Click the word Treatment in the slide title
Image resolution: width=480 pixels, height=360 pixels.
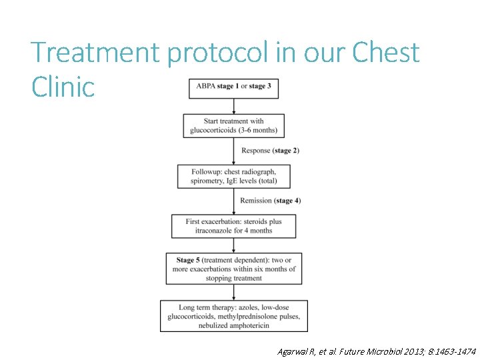point(96,53)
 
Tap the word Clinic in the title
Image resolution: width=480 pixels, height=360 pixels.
point(63,87)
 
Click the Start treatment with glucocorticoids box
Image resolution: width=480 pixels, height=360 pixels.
point(233,125)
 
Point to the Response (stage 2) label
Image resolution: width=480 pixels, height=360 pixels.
point(270,150)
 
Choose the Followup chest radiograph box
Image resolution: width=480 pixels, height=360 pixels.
point(233,176)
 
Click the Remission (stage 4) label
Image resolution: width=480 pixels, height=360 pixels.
point(270,201)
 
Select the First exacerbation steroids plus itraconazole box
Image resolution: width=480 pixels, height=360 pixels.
point(233,226)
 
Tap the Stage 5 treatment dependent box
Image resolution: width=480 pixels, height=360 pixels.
point(233,269)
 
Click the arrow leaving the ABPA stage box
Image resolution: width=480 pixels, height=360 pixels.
point(234,105)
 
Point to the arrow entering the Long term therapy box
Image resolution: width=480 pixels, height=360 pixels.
point(234,293)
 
